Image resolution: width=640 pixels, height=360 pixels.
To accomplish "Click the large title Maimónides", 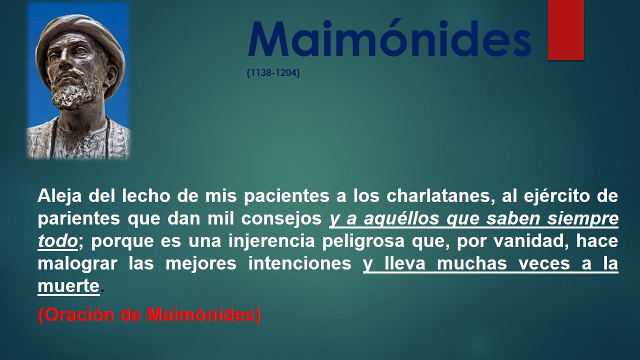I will pyautogui.click(x=389, y=39).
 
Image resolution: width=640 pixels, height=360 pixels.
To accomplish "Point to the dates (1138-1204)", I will pyautogui.click(x=273, y=73).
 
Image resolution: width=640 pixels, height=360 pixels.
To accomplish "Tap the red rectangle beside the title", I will pyautogui.click(x=565, y=29).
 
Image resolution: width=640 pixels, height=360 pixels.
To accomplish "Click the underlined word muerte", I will pyautogui.click(x=68, y=285).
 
